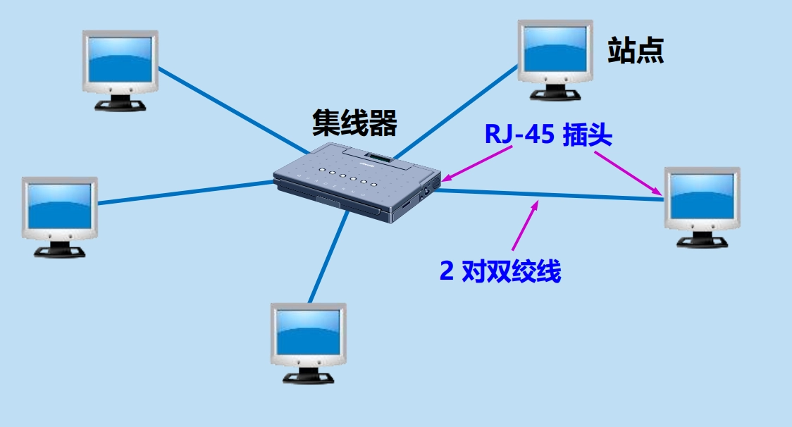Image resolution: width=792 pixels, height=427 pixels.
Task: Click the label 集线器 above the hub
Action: (354, 123)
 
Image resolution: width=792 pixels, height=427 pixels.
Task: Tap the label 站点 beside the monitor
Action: (636, 51)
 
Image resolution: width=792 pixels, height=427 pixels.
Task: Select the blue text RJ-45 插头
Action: (548, 135)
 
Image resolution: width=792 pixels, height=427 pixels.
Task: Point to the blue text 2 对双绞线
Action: (500, 271)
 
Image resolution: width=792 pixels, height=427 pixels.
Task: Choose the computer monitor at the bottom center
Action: (308, 342)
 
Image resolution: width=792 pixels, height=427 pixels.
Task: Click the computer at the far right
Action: (702, 204)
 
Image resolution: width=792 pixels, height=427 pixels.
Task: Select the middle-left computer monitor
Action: (59, 214)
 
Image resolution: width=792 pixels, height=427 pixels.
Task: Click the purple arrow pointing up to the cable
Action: (525, 225)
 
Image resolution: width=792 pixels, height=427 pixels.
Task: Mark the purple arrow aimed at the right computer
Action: (627, 172)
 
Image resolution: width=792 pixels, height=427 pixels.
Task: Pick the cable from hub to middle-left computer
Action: (183, 193)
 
